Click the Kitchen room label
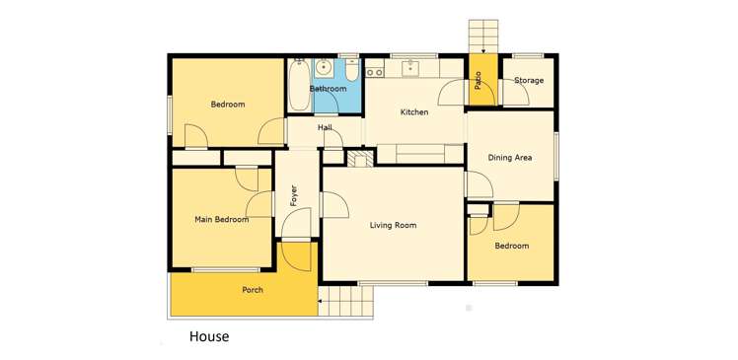(x=413, y=112)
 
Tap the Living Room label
(x=393, y=226)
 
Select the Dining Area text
(x=510, y=158)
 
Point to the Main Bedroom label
(x=221, y=220)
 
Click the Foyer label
(x=294, y=195)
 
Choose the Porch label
(x=253, y=290)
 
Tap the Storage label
(x=529, y=81)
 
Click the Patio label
(x=479, y=80)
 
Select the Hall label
(x=325, y=128)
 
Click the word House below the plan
(x=209, y=336)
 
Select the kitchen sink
(x=410, y=69)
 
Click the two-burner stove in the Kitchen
(x=375, y=72)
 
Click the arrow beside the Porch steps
(x=320, y=300)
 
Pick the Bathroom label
(x=328, y=89)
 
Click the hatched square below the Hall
(x=360, y=157)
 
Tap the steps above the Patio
(x=483, y=35)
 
